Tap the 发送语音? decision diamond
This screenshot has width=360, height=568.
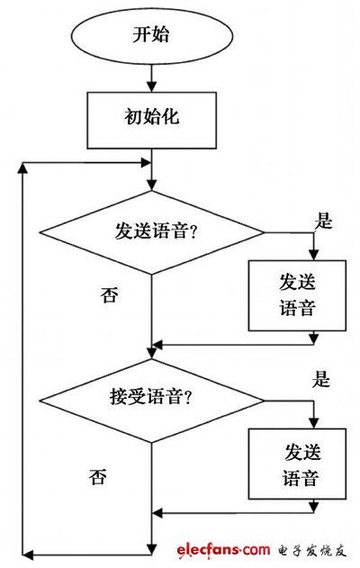[151, 231]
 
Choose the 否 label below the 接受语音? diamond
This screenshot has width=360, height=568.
[98, 474]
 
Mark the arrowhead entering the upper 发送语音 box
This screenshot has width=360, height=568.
[312, 255]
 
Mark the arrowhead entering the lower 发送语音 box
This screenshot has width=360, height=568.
[312, 423]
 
